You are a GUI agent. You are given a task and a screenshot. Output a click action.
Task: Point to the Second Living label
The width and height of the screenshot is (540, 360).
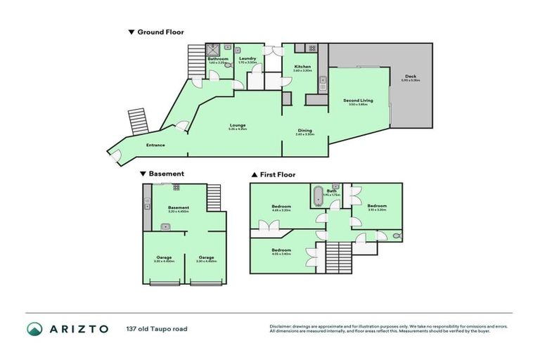358,101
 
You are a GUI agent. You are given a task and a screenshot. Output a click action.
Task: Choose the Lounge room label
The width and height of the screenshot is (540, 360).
237,125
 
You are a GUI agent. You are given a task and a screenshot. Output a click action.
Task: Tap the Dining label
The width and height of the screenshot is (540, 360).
304,130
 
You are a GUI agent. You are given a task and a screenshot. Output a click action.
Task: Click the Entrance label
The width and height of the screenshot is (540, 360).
155,146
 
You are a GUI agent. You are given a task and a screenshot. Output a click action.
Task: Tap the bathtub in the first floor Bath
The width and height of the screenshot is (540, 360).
319,195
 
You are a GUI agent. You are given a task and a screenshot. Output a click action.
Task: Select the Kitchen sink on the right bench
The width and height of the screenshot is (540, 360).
322,81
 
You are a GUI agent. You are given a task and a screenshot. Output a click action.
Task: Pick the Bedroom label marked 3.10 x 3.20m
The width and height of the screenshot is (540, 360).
378,206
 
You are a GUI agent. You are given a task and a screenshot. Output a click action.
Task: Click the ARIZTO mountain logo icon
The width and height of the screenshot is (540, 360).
34,328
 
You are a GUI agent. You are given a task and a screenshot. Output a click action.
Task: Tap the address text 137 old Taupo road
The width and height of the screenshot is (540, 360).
157,328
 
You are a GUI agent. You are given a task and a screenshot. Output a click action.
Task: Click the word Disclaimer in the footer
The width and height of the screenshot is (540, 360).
282,326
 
